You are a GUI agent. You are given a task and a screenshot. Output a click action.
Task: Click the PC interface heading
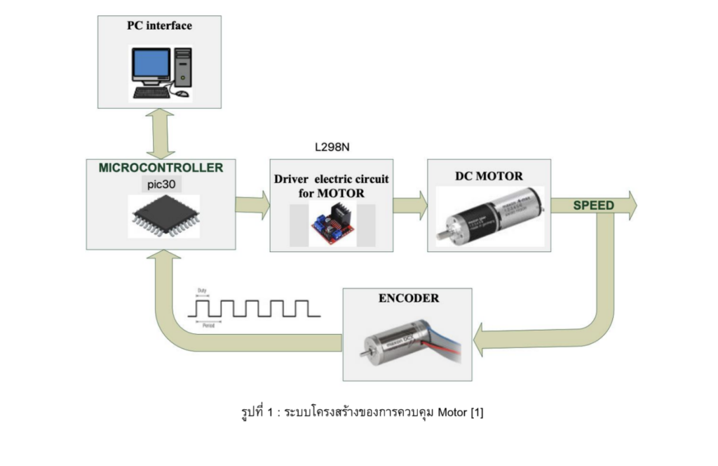159,26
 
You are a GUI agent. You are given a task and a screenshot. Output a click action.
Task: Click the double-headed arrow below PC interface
159,133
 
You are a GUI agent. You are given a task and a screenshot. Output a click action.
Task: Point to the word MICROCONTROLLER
161,168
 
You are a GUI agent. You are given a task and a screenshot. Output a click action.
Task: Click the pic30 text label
161,184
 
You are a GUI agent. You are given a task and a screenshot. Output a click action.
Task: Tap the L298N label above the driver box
332,147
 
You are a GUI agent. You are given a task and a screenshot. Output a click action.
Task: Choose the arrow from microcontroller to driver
252,205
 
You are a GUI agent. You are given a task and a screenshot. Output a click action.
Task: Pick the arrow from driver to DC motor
409,205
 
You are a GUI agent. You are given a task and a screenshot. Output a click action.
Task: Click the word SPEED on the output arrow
593,206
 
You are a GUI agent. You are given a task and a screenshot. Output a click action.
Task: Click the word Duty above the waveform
203,290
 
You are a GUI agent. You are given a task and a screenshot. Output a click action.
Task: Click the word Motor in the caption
453,412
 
